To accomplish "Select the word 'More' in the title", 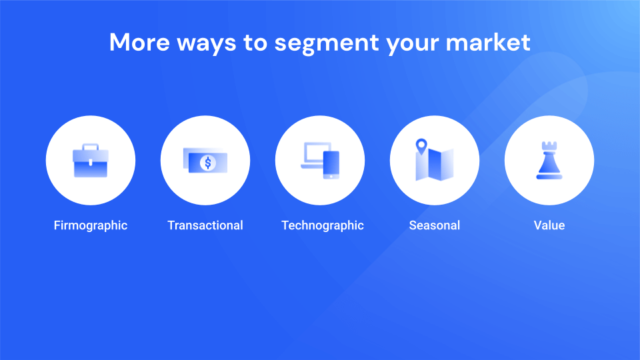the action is [x=139, y=42].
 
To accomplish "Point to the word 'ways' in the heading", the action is [x=207, y=44].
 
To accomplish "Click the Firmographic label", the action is [x=91, y=225].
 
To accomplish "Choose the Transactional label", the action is [x=205, y=225].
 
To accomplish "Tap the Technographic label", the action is [x=323, y=225].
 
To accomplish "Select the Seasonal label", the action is [x=435, y=225].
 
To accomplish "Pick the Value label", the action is [x=549, y=225].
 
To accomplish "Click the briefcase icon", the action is [x=91, y=161].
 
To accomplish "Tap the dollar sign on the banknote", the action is [x=208, y=163].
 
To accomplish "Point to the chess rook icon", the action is [x=549, y=161].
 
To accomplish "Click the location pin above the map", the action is [x=421, y=147].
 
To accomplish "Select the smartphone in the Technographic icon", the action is [x=331, y=165].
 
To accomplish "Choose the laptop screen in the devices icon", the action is [x=317, y=153].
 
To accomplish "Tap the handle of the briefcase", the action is [x=91, y=147].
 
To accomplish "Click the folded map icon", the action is [x=435, y=164].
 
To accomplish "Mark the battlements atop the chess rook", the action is [x=549, y=146].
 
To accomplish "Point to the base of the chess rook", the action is [x=549, y=177].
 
